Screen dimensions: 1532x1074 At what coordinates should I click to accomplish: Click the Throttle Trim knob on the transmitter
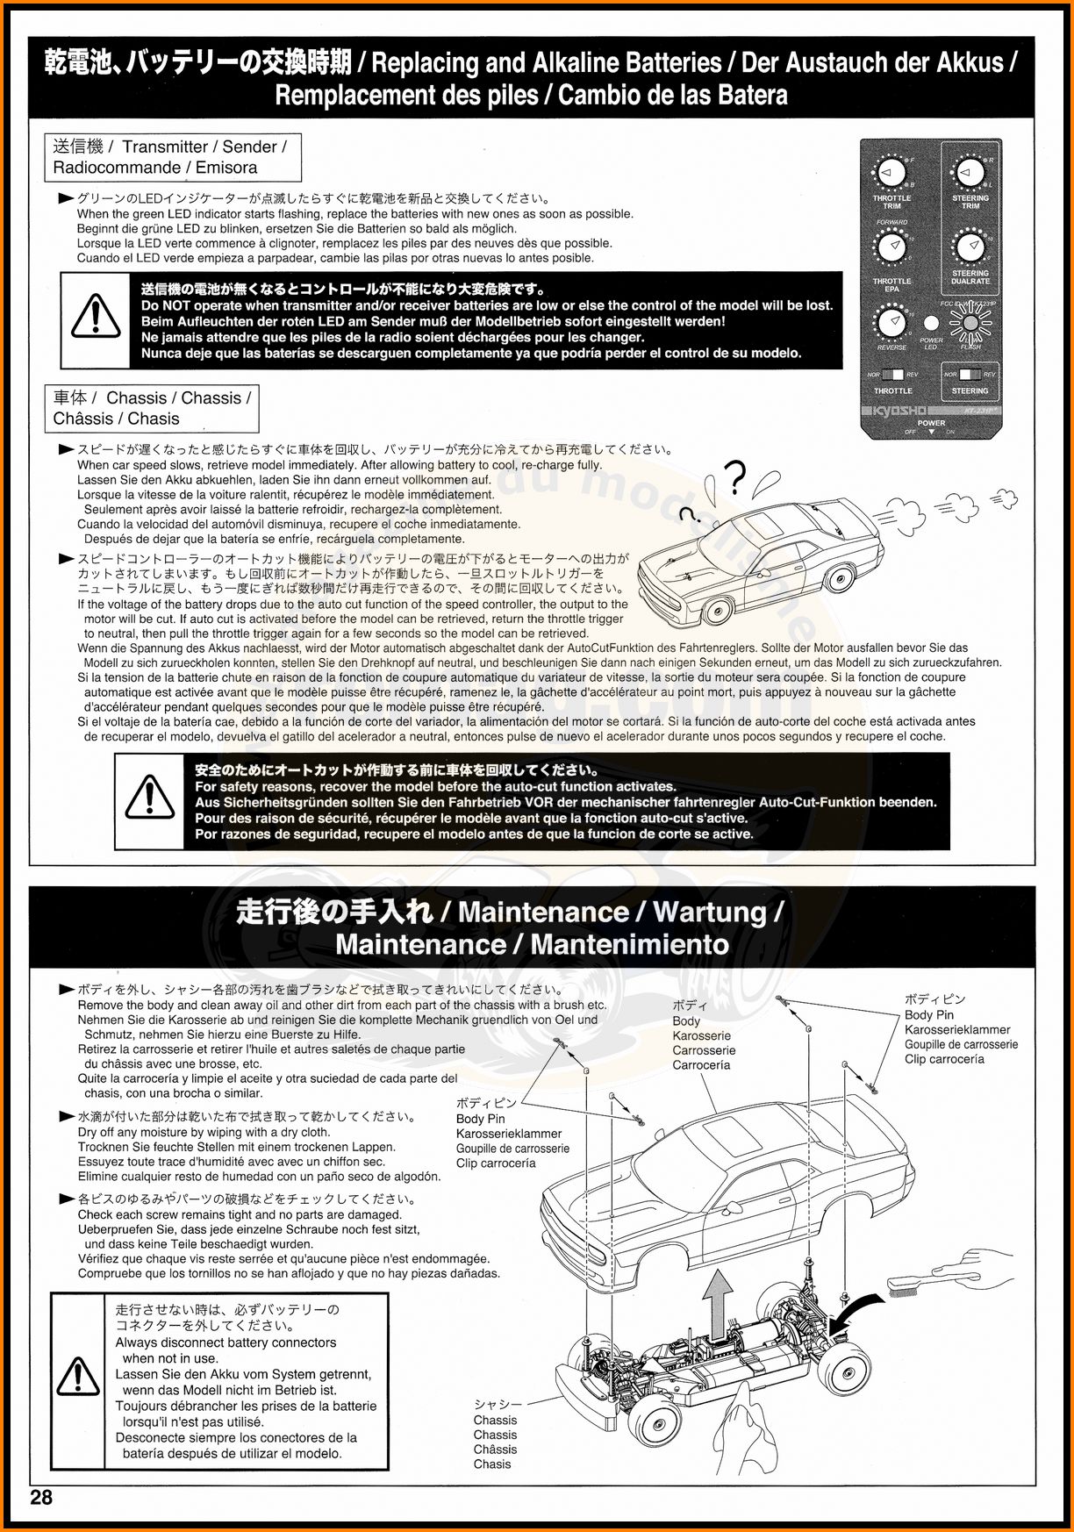coord(892,173)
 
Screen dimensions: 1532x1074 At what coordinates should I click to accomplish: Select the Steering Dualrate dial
coord(970,247)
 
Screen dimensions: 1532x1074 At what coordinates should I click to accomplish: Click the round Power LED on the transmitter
coord(931,323)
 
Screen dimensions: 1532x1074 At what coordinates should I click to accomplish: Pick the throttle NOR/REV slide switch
coord(892,376)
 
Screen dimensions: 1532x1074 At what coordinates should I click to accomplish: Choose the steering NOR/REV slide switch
coord(969,376)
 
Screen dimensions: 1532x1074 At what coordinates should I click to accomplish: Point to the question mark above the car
coord(735,479)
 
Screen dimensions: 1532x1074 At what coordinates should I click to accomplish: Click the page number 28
coord(41,1498)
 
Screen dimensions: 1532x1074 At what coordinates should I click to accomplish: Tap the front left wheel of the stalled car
coord(718,610)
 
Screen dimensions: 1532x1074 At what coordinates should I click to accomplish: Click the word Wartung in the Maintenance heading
coord(709,913)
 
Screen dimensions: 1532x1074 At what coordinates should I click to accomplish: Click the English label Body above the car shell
coord(686,1021)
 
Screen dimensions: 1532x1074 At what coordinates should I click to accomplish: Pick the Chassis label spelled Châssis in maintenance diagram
coord(495,1450)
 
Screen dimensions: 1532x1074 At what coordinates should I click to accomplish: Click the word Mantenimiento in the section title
coord(629,945)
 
